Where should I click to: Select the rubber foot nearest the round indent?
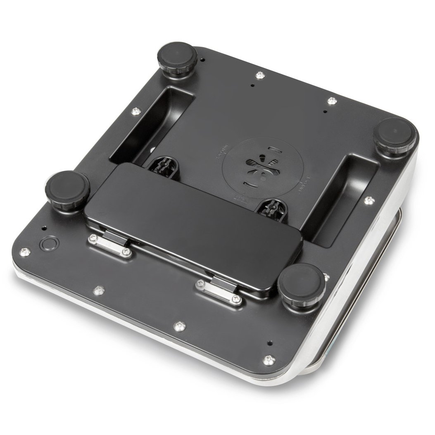tap(67, 190)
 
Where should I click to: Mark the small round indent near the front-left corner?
tap(49, 244)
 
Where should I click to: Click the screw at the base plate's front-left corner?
tap(25, 252)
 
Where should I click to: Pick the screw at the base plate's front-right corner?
tap(269, 360)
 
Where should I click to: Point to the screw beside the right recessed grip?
tap(369, 200)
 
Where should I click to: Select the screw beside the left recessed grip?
tap(136, 110)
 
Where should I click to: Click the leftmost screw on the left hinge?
tap(93, 238)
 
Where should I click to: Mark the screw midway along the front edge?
tap(179, 326)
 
